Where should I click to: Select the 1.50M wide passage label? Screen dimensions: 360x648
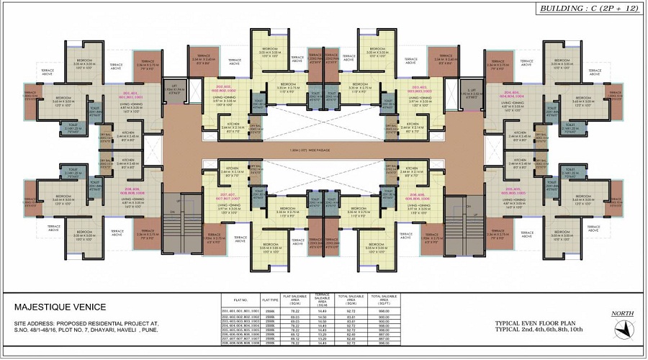tap(323, 150)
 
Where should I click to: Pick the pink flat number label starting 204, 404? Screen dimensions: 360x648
tap(513, 95)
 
